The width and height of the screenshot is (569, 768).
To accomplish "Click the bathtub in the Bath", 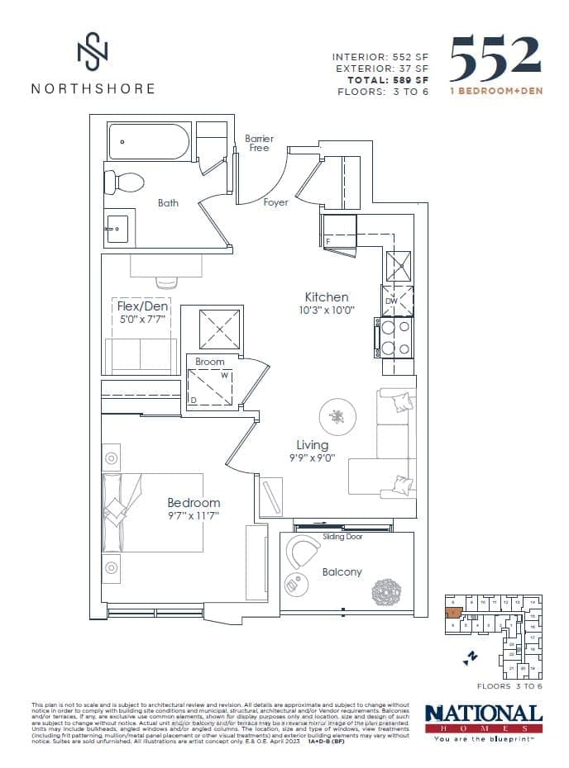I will pyautogui.click(x=150, y=141).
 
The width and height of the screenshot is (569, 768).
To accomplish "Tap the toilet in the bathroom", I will pyautogui.click(x=124, y=181).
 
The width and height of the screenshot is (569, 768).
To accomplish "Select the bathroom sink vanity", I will pyautogui.click(x=117, y=227).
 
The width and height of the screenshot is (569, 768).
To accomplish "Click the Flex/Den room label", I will pyautogui.click(x=142, y=306).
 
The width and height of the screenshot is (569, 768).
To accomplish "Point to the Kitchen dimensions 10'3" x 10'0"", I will pyautogui.click(x=326, y=311).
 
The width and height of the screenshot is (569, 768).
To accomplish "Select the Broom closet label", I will pyautogui.click(x=210, y=362).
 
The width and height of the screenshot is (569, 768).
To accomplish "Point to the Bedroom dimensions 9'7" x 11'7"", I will pyautogui.click(x=194, y=517).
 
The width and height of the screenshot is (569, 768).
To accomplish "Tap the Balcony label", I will pyautogui.click(x=342, y=571).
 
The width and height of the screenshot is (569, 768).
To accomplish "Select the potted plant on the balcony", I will pyautogui.click(x=387, y=592).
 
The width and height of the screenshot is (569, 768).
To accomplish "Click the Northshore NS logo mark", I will pyautogui.click(x=93, y=51).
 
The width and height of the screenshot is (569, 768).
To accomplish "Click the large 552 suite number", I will pyautogui.click(x=495, y=57).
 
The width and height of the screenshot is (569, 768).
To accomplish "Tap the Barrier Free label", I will pyautogui.click(x=259, y=143).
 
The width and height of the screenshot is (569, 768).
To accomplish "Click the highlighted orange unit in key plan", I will pyautogui.click(x=452, y=614).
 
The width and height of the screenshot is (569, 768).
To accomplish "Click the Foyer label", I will pyautogui.click(x=275, y=202).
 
